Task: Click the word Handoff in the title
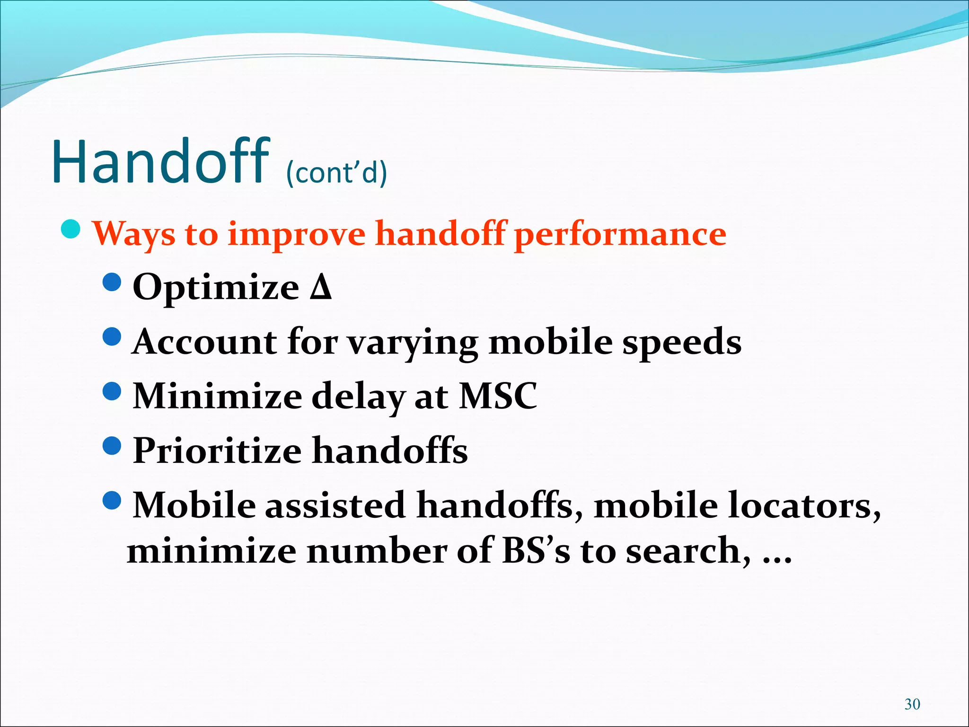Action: click(161, 162)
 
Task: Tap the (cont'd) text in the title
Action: click(336, 172)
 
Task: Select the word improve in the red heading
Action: click(296, 234)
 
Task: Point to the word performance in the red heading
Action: click(620, 234)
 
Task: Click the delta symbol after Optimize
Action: click(321, 287)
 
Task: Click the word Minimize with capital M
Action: click(217, 396)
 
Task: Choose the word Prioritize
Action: click(217, 451)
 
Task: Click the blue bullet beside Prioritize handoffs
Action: click(112, 445)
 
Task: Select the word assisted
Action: click(335, 505)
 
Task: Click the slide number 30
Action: click(912, 704)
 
